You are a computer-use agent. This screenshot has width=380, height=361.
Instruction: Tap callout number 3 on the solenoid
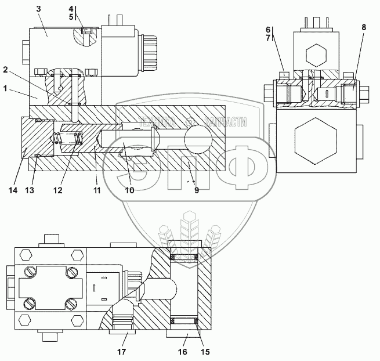pyautogui.click(x=38, y=9)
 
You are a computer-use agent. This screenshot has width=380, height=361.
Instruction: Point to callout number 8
pyautogui.click(x=364, y=27)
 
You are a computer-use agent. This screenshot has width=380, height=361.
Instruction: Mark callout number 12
pyautogui.click(x=59, y=190)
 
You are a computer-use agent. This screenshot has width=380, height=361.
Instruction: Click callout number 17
pyautogui.click(x=122, y=351)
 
